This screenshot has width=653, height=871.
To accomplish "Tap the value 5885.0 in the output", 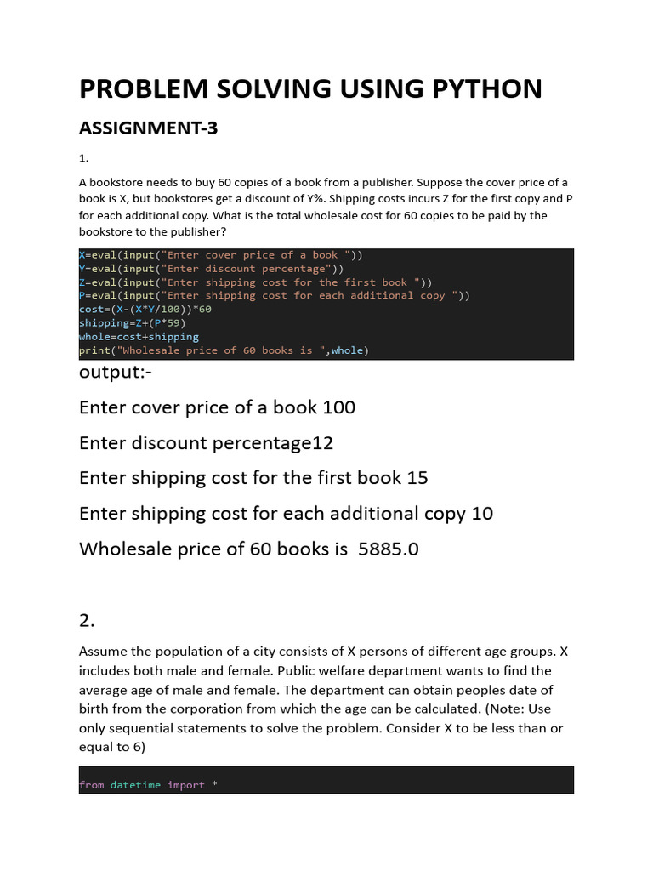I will [389, 549].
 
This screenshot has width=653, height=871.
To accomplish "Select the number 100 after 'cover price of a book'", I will [338, 407].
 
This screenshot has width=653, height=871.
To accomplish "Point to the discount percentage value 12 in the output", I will [322, 443].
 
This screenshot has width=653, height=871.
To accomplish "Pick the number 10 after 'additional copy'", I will [481, 514].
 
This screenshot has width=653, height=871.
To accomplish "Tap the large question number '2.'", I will [87, 621].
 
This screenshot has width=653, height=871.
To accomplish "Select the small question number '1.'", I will [83, 158].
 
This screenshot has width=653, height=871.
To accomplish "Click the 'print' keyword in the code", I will [94, 350].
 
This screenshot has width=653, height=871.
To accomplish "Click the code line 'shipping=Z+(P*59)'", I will [132, 323].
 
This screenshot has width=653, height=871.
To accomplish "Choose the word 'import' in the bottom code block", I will [185, 785].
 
